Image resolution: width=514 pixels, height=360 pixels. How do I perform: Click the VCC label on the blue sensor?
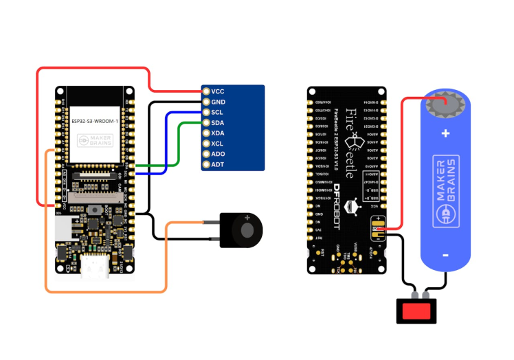tap(218, 91)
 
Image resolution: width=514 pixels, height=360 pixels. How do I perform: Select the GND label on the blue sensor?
tap(218, 102)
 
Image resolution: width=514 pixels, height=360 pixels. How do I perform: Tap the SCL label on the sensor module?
tap(217, 112)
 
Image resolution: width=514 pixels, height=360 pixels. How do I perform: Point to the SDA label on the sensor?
tap(218, 122)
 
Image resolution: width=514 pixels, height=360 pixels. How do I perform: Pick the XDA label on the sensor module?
tap(218, 133)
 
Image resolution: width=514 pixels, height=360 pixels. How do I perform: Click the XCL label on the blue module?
tap(218, 144)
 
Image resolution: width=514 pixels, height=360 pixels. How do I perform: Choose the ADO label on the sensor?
tap(218, 154)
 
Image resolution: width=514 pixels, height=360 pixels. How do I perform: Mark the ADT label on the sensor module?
tap(218, 164)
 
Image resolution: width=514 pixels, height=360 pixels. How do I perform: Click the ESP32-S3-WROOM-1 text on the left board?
tap(95, 121)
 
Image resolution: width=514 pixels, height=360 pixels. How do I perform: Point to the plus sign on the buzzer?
tap(246, 217)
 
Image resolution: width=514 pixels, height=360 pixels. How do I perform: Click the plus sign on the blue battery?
tap(445, 133)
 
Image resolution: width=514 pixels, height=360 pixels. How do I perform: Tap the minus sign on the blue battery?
tap(445, 256)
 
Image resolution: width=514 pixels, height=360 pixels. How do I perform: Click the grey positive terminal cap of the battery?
tap(445, 105)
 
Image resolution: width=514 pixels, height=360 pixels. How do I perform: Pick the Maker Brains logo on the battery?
tap(445, 193)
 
